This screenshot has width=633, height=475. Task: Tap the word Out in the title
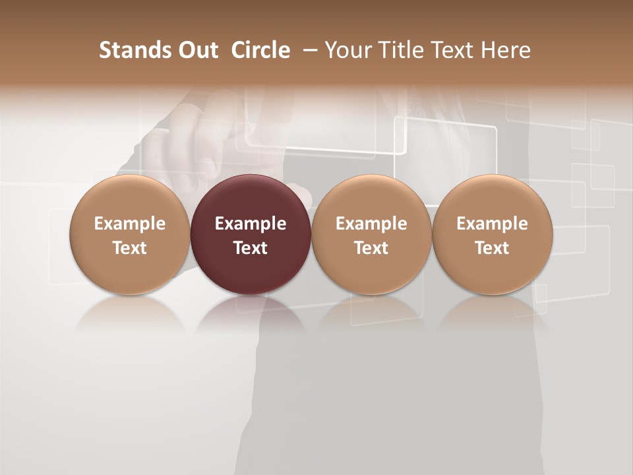(196, 50)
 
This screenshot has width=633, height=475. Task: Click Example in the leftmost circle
(130, 224)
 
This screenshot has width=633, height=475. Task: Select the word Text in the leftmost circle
(130, 248)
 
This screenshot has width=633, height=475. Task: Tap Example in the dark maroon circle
(251, 224)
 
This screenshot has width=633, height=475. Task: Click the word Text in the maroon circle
(251, 248)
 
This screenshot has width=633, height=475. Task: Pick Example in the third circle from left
(371, 224)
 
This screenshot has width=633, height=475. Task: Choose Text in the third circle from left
(371, 248)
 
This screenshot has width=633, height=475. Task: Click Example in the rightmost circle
(492, 224)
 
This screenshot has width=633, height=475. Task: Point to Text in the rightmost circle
(492, 248)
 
